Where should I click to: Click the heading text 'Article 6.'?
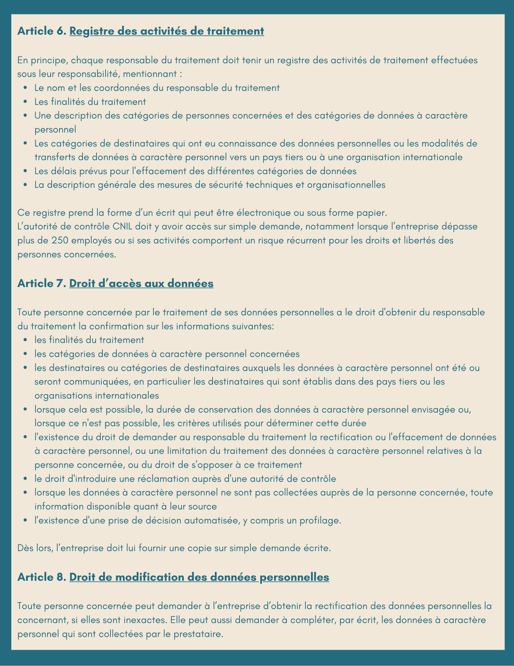(x=42, y=31)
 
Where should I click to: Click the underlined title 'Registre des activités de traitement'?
(x=167, y=31)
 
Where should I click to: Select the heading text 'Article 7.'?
(x=42, y=284)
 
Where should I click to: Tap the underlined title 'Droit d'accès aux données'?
(x=141, y=284)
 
